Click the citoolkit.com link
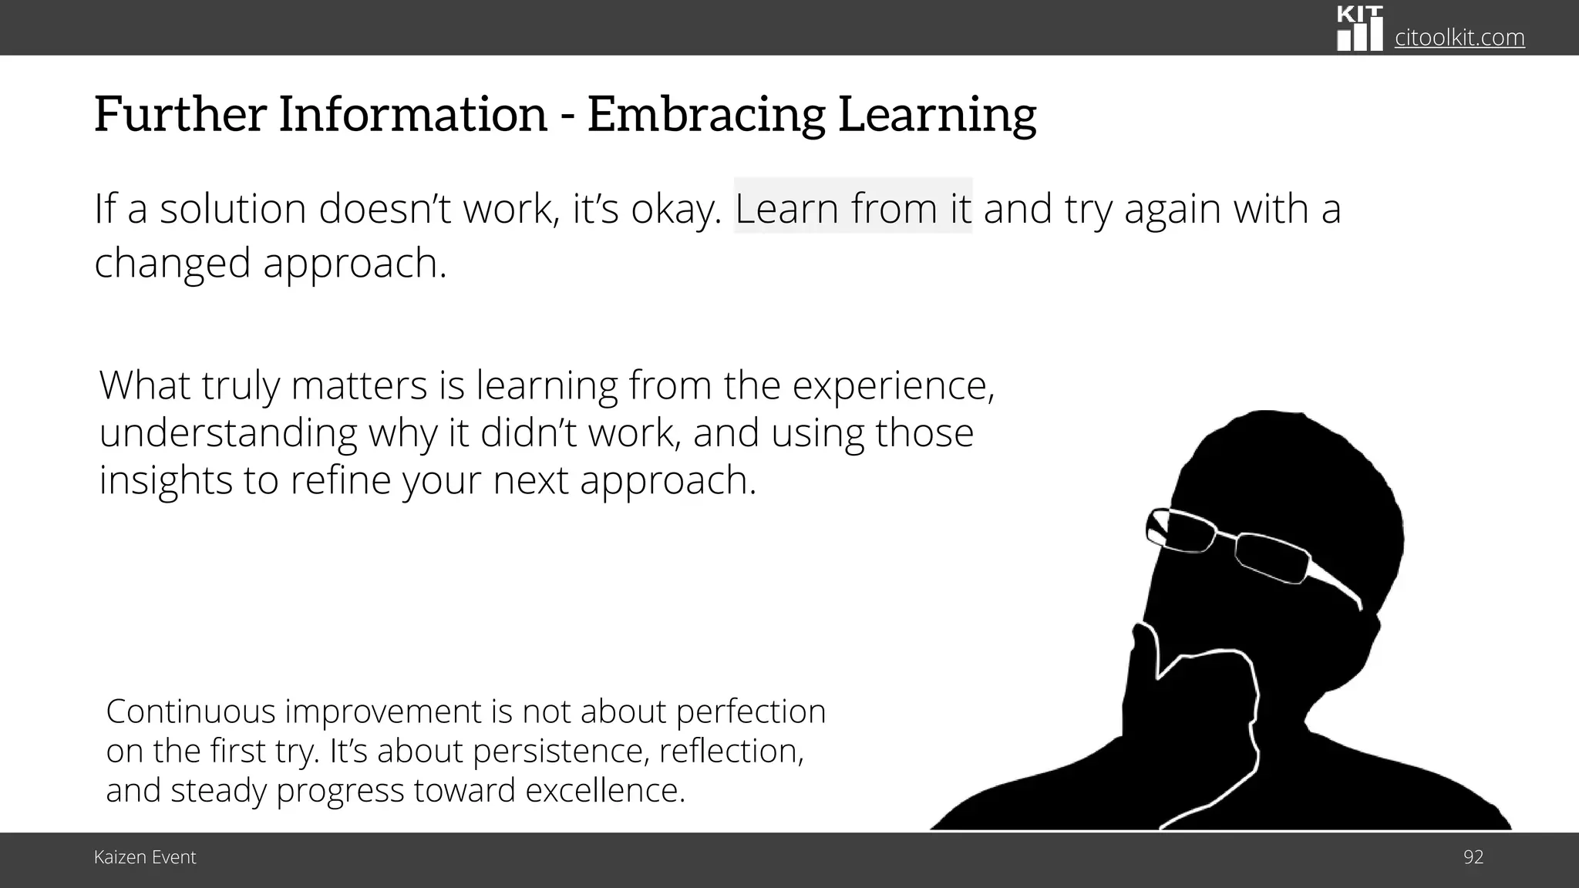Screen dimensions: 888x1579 click(x=1459, y=37)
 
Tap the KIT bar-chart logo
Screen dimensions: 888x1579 click(x=1359, y=29)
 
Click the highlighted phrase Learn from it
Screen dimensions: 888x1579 click(x=853, y=208)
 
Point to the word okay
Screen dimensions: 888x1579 click(x=675, y=210)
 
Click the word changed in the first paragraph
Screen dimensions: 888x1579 click(x=172, y=263)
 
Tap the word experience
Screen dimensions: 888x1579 click(x=893, y=385)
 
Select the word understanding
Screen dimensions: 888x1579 click(x=227, y=433)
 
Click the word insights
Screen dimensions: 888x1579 click(x=165, y=480)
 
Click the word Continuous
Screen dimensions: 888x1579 click(x=190, y=711)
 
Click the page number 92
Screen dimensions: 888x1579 click(x=1473, y=857)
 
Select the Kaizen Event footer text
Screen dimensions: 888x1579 click(x=145, y=857)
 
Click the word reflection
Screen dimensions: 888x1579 click(x=731, y=751)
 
